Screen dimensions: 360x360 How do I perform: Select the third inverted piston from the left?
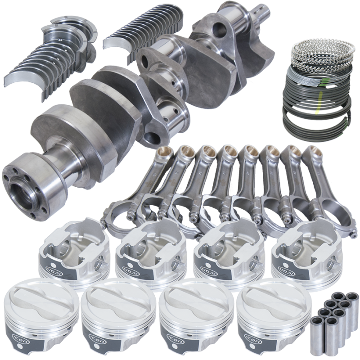[x=225, y=252]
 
